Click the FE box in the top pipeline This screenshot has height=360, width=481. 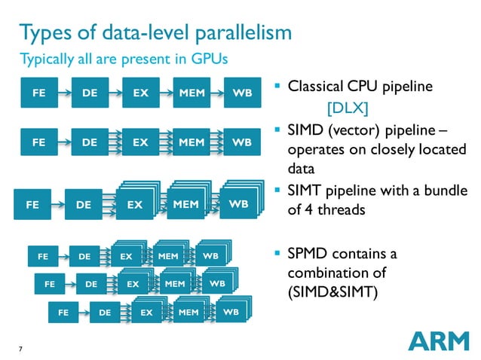point(38,94)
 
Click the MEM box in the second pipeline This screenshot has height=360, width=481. point(191,141)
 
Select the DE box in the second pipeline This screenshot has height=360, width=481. point(89,141)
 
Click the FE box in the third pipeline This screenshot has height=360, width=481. point(33,203)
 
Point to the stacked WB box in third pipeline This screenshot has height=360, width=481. point(237,203)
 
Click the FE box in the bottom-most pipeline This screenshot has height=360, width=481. point(64,312)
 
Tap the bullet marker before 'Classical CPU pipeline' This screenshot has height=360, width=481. point(279,86)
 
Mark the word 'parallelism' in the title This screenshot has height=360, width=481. point(239,33)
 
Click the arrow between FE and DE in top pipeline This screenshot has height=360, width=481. point(63,94)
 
